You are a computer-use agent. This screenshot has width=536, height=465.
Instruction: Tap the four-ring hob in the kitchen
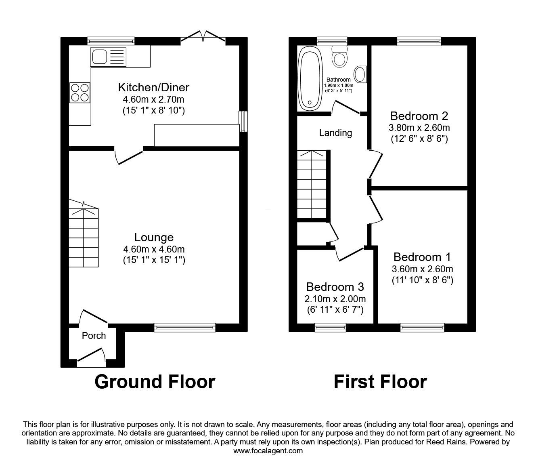pyautogui.click(x=80, y=92)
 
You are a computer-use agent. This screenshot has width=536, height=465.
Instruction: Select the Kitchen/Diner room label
pyautogui.click(x=153, y=87)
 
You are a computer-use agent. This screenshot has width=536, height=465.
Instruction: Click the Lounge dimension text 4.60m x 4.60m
pyautogui.click(x=154, y=250)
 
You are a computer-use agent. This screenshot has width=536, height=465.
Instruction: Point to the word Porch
pyautogui.click(x=94, y=336)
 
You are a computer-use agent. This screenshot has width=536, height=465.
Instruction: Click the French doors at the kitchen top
pyautogui.click(x=203, y=38)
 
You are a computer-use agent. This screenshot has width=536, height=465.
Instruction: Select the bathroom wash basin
pyautogui.click(x=359, y=74)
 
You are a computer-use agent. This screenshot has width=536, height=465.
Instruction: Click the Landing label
pyautogui.click(x=335, y=133)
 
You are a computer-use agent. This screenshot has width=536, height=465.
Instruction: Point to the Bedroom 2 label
pyautogui.click(x=419, y=116)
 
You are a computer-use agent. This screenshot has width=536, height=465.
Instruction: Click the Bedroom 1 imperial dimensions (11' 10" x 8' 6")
pyautogui.click(x=422, y=280)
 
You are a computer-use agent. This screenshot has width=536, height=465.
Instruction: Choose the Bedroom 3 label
pyautogui.click(x=335, y=287)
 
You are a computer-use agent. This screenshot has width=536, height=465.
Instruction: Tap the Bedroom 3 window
pyautogui.click(x=330, y=327)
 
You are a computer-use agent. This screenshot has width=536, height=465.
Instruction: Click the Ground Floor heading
pyautogui.click(x=155, y=381)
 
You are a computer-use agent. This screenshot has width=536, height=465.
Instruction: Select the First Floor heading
pyautogui.click(x=380, y=381)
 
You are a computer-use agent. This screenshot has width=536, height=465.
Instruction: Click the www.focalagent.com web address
pyautogui.click(x=268, y=451)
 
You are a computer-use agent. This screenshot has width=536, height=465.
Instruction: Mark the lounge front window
pyautogui.click(x=185, y=327)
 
